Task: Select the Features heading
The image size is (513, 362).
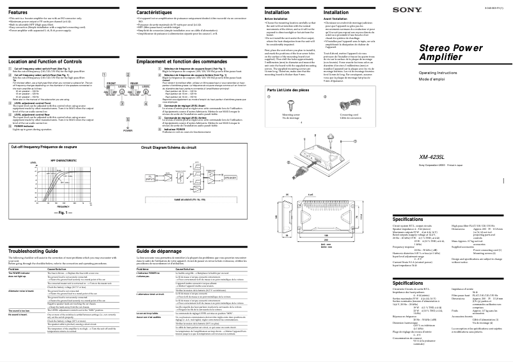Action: click(x=18, y=13)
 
